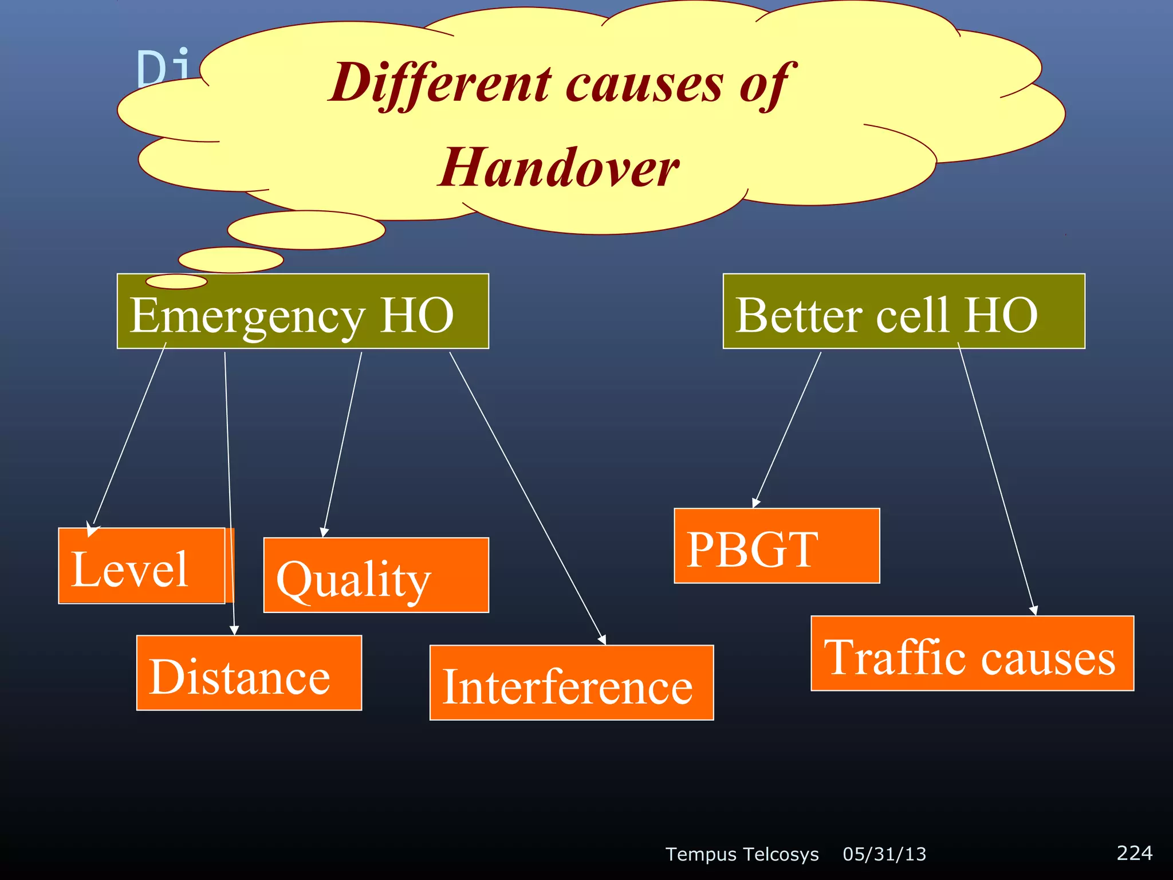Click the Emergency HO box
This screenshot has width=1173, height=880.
pyautogui.click(x=302, y=312)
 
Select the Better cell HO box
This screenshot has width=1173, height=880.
pyautogui.click(x=903, y=312)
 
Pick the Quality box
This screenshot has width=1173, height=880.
pyautogui.click(x=376, y=575)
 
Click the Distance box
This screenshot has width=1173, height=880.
pyautogui.click(x=249, y=673)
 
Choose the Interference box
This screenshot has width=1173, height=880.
pyautogui.click(x=571, y=683)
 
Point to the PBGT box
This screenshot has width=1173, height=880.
pyautogui.click(x=776, y=546)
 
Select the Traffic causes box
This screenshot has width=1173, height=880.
pyautogui.click(x=971, y=654)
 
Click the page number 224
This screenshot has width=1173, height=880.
pyautogui.click(x=1134, y=853)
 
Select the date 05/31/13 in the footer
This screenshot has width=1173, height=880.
pyautogui.click(x=884, y=854)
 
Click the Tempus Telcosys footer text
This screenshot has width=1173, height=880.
pyautogui.click(x=742, y=854)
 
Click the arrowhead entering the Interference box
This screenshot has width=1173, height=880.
pyautogui.click(x=602, y=639)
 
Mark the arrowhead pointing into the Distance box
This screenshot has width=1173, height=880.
pyautogui.click(x=234, y=630)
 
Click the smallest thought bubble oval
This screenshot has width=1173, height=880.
pyautogui.click(x=176, y=281)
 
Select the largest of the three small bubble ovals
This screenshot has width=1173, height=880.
pyautogui.click(x=306, y=230)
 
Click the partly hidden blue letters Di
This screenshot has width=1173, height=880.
pyautogui.click(x=163, y=68)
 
